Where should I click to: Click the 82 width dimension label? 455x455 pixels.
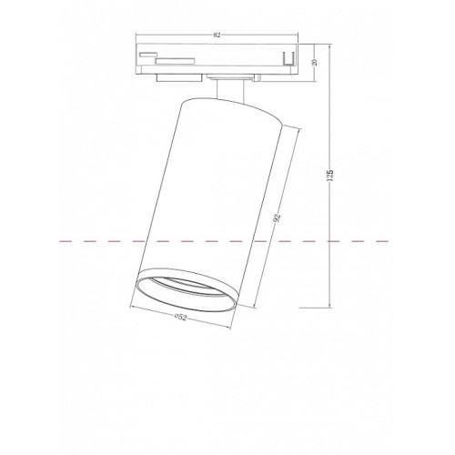pyautogui.click(x=217, y=35)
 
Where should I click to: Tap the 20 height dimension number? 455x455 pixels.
pyautogui.click(x=315, y=63)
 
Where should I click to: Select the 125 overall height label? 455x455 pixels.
pyautogui.click(x=330, y=176)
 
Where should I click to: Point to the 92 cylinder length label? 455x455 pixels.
pyautogui.click(x=277, y=217)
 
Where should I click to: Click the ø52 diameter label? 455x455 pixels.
pyautogui.click(x=181, y=318)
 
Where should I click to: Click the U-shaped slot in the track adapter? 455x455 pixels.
pyautogui.click(x=288, y=59)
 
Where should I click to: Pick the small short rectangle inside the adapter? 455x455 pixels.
pyautogui.click(x=147, y=55)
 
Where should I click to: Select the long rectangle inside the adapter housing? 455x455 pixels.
pyautogui.click(x=175, y=61)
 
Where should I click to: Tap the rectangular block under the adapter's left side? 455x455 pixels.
pyautogui.click(x=179, y=77)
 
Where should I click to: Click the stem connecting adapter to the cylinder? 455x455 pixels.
pyautogui.click(x=230, y=90)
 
